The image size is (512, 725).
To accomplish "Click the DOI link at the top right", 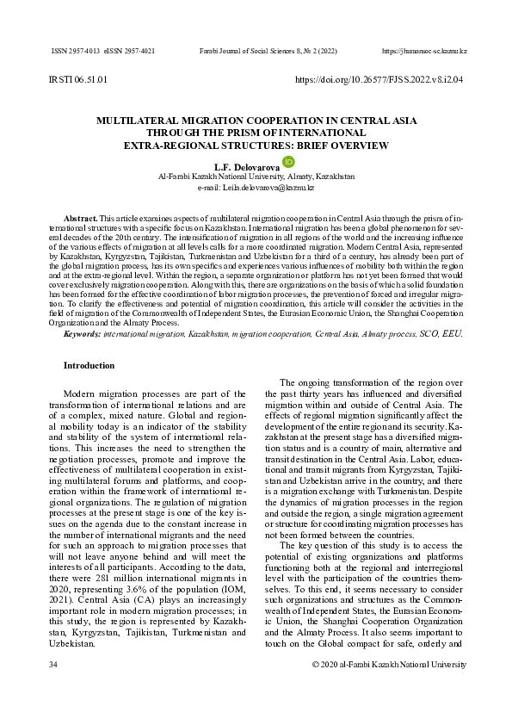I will coord(379,79).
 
